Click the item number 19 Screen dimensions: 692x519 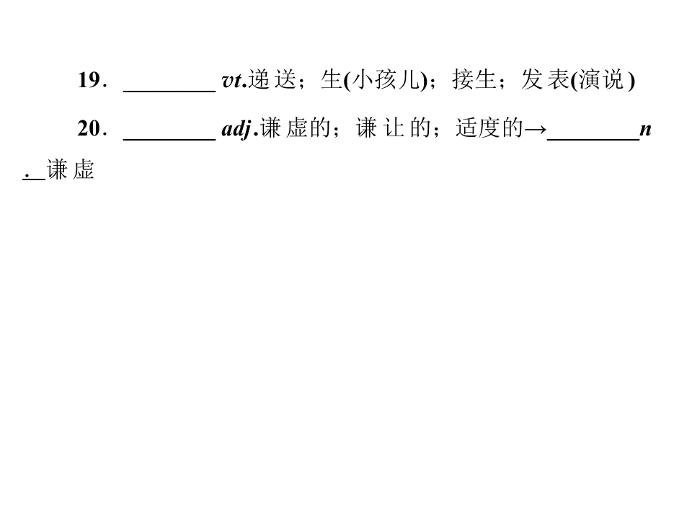pyautogui.click(x=92, y=80)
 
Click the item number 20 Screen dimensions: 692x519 pyautogui.click(x=92, y=129)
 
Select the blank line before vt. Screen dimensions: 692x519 pyautogui.click(x=169, y=92)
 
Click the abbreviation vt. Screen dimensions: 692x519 pyautogui.click(x=234, y=81)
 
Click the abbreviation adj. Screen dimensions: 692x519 pyautogui.click(x=239, y=130)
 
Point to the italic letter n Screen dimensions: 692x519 pyautogui.click(x=645, y=130)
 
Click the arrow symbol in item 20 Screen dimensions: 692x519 pyautogui.click(x=534, y=130)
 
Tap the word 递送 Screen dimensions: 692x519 pyautogui.click(x=272, y=80)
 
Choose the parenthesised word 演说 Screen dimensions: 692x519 pyautogui.click(x=603, y=80)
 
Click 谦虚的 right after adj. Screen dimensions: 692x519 pyautogui.click(x=295, y=129)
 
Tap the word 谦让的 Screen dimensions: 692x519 pyautogui.click(x=393, y=129)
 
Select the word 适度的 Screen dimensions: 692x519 pyautogui.click(x=489, y=129)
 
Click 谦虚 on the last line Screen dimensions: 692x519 pyautogui.click(x=70, y=169)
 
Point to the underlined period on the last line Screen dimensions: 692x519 pyautogui.click(x=27, y=176)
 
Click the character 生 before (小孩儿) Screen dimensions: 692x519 pyautogui.click(x=332, y=80)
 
